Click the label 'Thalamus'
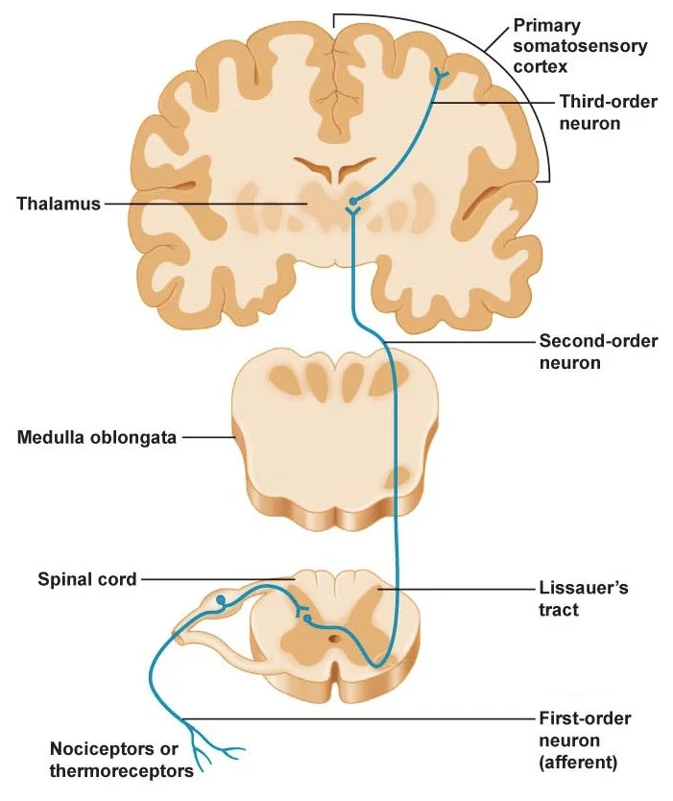pos(59,204)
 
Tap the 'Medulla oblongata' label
pos(96,438)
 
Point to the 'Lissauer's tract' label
pos(583,598)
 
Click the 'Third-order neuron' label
pos(608,111)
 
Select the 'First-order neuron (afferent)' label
pos(584,740)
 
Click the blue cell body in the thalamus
pos(354,203)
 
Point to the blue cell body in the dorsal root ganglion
pos(221,602)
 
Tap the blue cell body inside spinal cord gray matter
pos(306,619)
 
